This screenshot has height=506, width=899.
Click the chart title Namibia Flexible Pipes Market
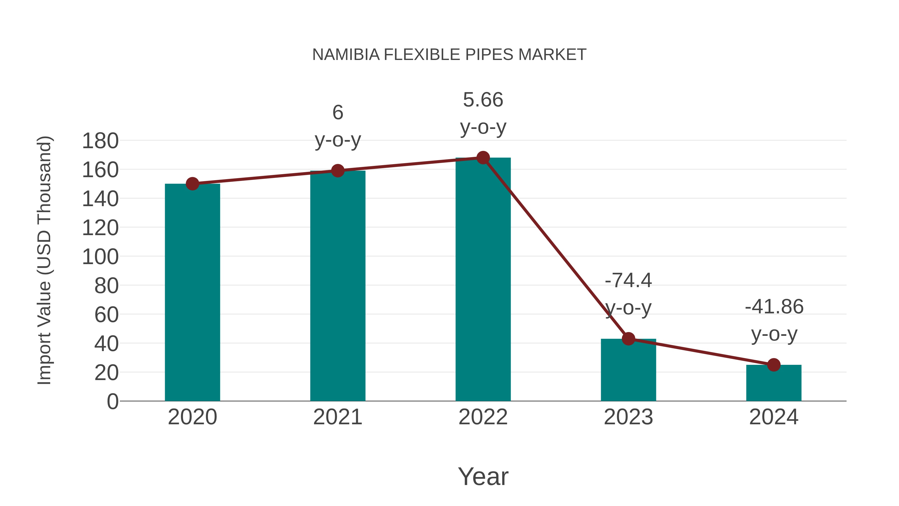[x=449, y=55]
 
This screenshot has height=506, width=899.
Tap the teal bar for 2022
[x=483, y=279]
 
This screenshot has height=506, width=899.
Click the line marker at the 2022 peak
[x=483, y=158]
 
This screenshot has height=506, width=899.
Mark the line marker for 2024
[x=774, y=365]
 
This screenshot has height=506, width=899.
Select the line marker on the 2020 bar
[x=192, y=184]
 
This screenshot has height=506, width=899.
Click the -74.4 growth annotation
[x=628, y=280]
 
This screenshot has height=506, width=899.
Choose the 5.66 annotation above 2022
[x=483, y=100]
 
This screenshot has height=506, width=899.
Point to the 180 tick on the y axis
[x=100, y=141]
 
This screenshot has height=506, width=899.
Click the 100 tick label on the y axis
[x=100, y=257]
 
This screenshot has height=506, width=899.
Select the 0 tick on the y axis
[x=112, y=401]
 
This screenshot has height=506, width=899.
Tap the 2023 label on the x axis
[x=628, y=417]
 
